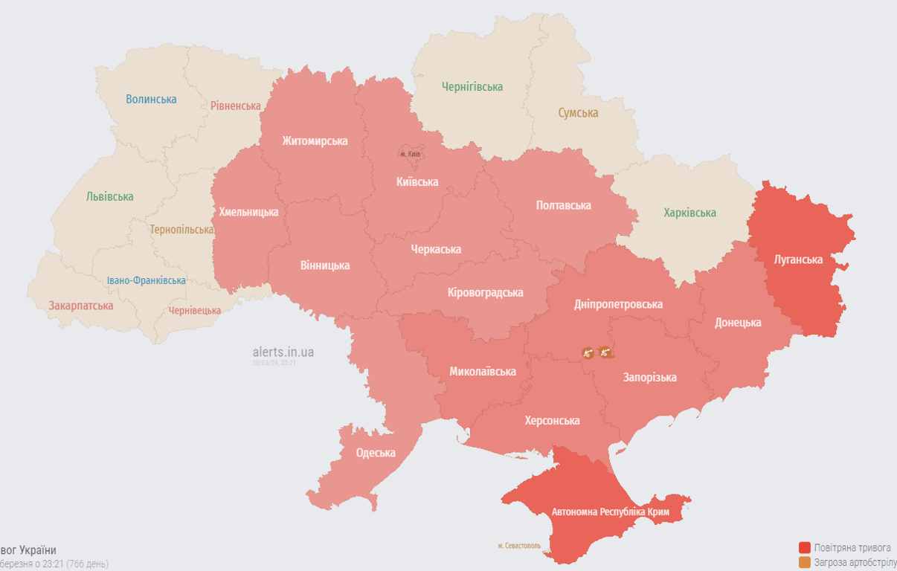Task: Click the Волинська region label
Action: point(151,99)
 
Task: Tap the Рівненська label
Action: point(235,106)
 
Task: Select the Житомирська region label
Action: point(315,141)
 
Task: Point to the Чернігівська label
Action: point(472,87)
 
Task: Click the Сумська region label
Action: point(578,113)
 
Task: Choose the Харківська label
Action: point(689,213)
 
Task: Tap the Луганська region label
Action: point(798,259)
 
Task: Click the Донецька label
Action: point(738,322)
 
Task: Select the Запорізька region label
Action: point(649,377)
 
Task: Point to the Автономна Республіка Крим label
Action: point(610,512)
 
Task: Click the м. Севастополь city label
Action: point(519,546)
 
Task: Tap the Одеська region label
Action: point(376,453)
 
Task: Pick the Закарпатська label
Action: point(81,306)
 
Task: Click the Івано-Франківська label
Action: point(146,280)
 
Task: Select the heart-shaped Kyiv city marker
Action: point(411,151)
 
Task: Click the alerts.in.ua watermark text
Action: point(283,352)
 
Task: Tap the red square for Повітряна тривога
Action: point(804,547)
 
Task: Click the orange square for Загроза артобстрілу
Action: point(804,563)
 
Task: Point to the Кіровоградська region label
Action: point(485,292)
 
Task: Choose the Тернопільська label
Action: point(181,230)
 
